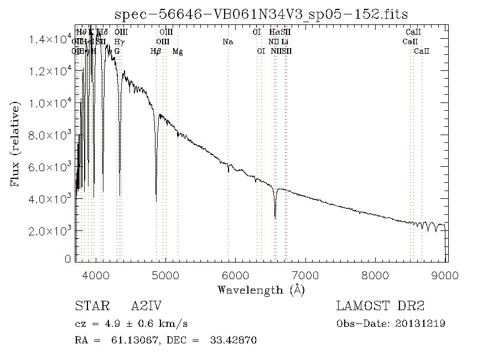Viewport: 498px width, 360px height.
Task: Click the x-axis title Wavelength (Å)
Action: [261, 290]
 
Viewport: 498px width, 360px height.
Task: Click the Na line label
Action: [228, 42]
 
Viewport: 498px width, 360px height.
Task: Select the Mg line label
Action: [178, 52]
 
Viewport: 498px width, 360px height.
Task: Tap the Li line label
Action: [284, 42]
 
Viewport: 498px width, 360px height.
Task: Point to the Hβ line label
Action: [156, 52]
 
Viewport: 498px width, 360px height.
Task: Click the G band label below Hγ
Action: [117, 51]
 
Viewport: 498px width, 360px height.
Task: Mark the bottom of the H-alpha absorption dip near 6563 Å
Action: [275, 217]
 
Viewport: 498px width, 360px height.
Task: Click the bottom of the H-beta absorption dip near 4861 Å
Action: [156, 200]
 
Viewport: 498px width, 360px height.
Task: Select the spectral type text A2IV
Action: [147, 306]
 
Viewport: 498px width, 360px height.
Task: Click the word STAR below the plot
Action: [91, 306]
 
